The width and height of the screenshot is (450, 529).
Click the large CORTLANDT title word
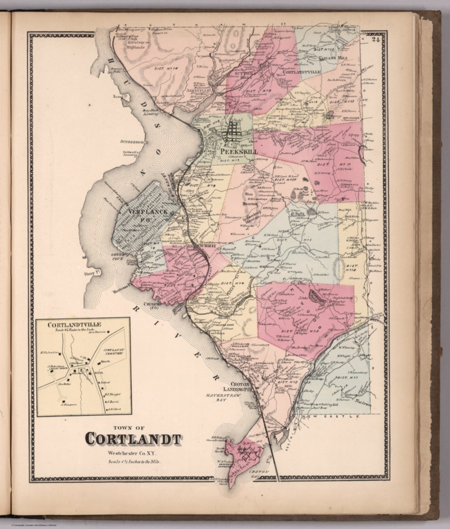click(132, 439)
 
